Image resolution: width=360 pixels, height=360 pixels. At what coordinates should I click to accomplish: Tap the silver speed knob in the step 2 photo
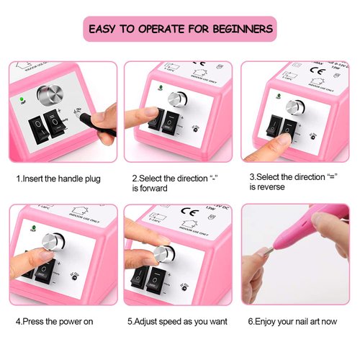point(175,99)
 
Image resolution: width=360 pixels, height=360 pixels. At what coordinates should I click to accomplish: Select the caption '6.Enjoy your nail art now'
point(292,321)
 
